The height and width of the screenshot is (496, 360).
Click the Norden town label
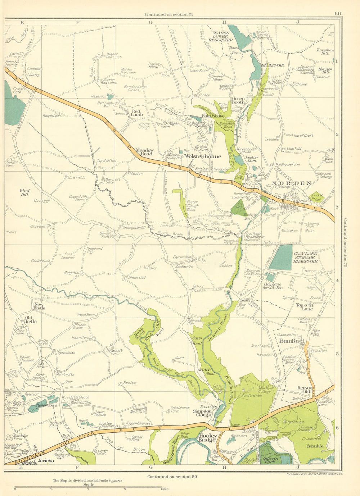click(292, 183)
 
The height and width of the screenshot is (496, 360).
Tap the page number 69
click(337, 14)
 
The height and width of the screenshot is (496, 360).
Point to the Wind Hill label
click(24, 192)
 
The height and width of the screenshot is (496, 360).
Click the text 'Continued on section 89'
click(172, 477)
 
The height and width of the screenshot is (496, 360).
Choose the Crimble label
click(315, 446)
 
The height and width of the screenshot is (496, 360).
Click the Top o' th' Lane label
click(305, 307)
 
